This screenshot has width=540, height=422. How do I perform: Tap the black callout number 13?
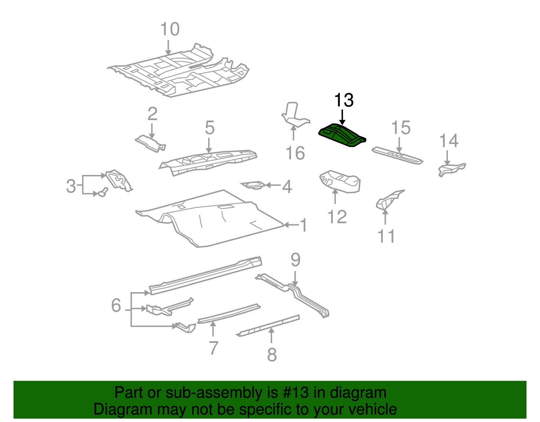(x=344, y=100)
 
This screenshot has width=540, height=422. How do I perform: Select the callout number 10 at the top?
(x=170, y=29)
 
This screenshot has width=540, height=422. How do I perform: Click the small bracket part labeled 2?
(x=150, y=143)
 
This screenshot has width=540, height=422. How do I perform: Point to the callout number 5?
(x=210, y=128)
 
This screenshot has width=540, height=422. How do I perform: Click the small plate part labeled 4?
(x=253, y=185)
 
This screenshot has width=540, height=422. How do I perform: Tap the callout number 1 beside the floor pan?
(x=303, y=225)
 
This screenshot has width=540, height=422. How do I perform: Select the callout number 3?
(x=71, y=186)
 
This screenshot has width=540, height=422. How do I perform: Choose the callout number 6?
(x=116, y=305)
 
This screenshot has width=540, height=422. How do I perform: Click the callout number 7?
(x=213, y=348)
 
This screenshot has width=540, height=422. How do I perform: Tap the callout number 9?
(x=295, y=260)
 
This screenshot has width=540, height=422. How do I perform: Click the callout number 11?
(x=386, y=236)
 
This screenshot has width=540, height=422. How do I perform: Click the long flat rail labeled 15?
(x=397, y=155)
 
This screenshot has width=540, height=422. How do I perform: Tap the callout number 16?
(x=295, y=153)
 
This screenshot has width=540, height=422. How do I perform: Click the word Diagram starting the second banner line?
(x=118, y=409)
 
